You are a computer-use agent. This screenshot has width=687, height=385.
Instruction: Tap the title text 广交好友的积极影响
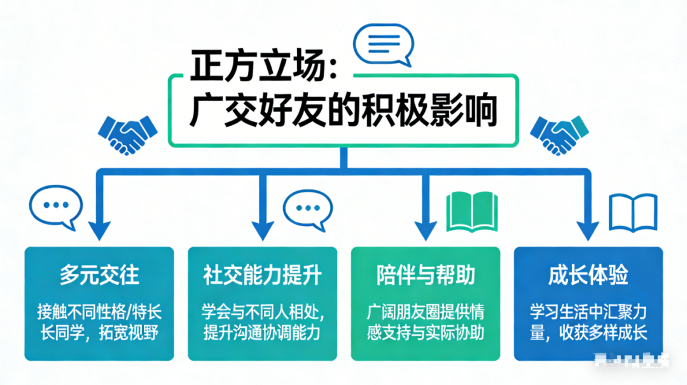tap(343, 111)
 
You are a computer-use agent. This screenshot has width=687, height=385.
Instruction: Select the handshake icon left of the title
tap(127, 133)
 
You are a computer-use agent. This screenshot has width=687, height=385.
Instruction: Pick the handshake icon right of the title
tap(560, 133)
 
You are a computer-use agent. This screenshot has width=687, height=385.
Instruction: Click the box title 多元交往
tap(99, 276)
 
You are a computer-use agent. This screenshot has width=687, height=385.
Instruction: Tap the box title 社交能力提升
tap(262, 276)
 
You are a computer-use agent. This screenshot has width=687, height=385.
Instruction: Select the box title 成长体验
tap(588, 276)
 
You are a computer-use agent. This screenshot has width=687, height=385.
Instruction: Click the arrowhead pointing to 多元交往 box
tap(99, 229)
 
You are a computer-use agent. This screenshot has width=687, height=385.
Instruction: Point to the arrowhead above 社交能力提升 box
tap(262, 229)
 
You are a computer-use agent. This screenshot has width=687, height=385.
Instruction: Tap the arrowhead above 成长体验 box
tap(588, 229)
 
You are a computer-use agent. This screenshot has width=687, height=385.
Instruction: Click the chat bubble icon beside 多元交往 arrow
tap(56, 207)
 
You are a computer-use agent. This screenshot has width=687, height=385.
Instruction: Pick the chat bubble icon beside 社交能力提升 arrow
tap(308, 207)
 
